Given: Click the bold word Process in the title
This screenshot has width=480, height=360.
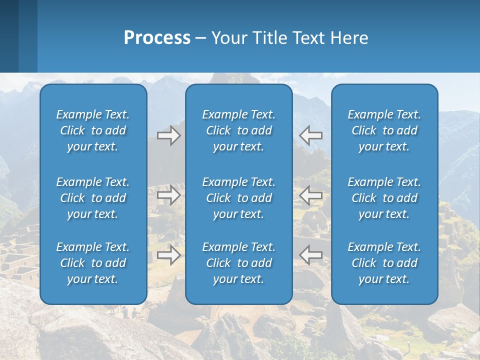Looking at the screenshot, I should pyautogui.click(x=157, y=38).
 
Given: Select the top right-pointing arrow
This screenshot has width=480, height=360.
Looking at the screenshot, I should pyautogui.click(x=168, y=135).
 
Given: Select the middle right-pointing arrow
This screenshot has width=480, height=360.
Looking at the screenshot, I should pyautogui.click(x=168, y=195).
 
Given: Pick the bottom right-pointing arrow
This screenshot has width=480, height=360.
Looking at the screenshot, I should pyautogui.click(x=168, y=255).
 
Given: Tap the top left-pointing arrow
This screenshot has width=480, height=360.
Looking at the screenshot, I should pyautogui.click(x=310, y=135).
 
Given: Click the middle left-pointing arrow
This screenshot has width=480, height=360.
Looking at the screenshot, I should pyautogui.click(x=310, y=195).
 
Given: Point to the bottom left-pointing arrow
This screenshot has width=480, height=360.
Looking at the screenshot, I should pyautogui.click(x=310, y=255).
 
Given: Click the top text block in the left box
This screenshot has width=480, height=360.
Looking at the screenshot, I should pyautogui.click(x=93, y=130).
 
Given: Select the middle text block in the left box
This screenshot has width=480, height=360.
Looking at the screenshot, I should pyautogui.click(x=93, y=198).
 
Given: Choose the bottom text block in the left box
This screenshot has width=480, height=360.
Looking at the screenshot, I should pyautogui.click(x=93, y=263).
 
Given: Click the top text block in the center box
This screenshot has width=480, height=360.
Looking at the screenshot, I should pyautogui.click(x=238, y=130).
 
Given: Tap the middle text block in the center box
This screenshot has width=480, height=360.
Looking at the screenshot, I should pyautogui.click(x=238, y=198).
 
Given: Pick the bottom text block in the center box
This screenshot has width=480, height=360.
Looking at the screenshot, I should pyautogui.click(x=238, y=263).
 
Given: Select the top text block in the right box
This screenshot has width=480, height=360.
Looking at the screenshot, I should pyautogui.click(x=384, y=130).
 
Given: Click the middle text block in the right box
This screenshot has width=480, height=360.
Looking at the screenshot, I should pyautogui.click(x=384, y=198).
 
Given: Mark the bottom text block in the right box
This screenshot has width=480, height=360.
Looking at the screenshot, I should pyautogui.click(x=384, y=263).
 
